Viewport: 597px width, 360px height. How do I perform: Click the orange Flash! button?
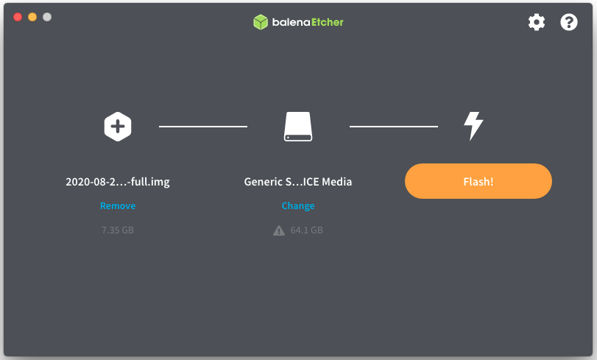tap(478, 181)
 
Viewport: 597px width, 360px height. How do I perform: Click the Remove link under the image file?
tap(118, 206)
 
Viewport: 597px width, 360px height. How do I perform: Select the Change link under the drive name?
tap(298, 206)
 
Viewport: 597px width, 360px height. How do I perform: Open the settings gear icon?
tap(537, 22)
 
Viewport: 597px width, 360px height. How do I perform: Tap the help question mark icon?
tap(569, 22)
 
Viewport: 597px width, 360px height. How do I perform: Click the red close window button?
tap(18, 17)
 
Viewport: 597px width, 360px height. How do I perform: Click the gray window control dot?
tap(47, 17)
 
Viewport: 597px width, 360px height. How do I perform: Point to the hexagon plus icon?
tap(118, 126)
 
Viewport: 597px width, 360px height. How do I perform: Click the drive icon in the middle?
tap(298, 127)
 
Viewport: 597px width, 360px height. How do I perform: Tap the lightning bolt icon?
tap(473, 126)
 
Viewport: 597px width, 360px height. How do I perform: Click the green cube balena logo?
tap(260, 22)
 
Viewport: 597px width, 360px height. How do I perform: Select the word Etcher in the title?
tap(326, 22)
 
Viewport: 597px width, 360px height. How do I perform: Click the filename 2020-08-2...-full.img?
tap(118, 182)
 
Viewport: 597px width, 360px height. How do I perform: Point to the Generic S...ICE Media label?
tap(298, 182)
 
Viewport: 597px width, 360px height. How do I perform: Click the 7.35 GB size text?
tap(118, 230)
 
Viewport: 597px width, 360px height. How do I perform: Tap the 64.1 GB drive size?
tap(307, 230)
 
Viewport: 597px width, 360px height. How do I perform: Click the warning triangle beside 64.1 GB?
tap(279, 230)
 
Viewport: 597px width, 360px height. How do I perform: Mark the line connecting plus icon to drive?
tap(203, 127)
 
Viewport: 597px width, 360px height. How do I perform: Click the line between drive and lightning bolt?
tap(393, 127)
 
